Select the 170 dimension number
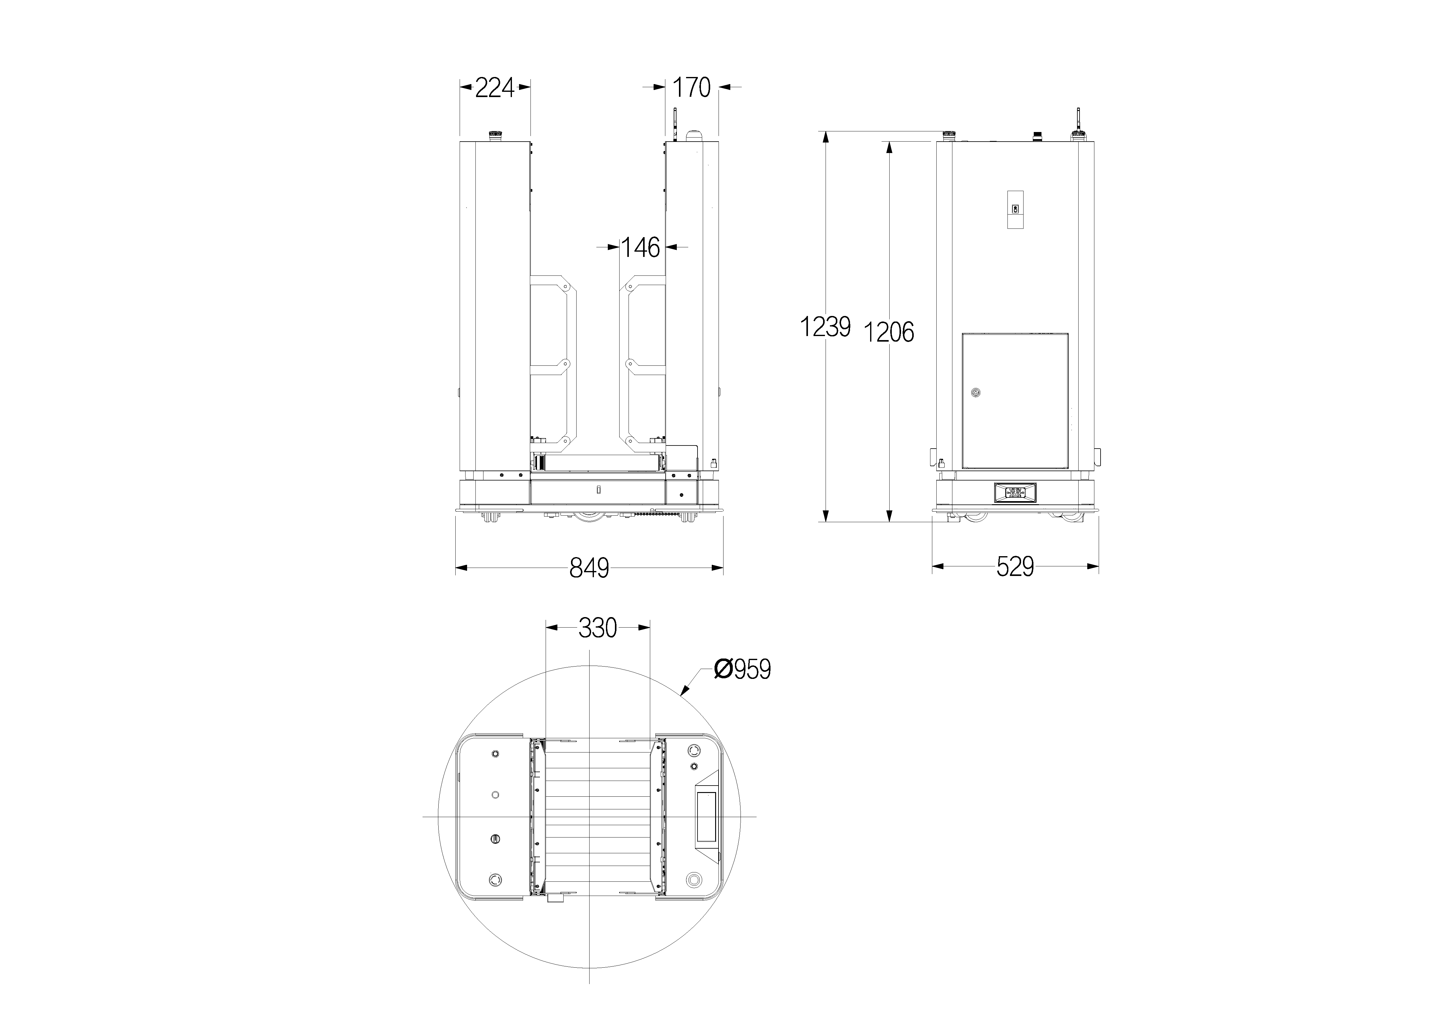click(692, 88)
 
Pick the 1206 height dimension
click(889, 332)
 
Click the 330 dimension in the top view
click(598, 628)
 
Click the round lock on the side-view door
click(976, 393)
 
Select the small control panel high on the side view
click(1015, 210)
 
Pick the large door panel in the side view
click(1015, 401)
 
